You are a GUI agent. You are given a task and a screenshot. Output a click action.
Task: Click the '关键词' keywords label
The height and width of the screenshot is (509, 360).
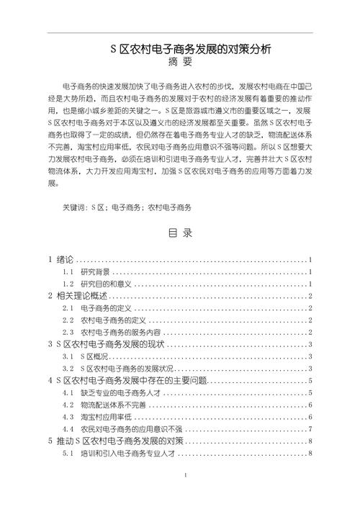click(75, 207)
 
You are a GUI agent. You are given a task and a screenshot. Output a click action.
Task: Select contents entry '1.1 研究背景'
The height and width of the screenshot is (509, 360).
click(95, 272)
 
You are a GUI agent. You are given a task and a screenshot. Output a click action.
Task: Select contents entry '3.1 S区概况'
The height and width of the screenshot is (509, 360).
click(94, 357)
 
